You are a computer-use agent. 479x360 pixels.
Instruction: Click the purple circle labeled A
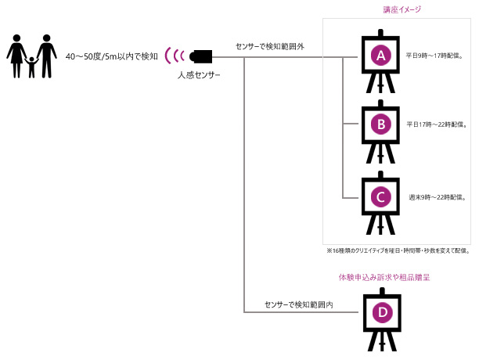[380, 56]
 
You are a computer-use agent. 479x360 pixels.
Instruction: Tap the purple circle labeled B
[380, 124]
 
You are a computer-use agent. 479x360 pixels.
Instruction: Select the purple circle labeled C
[380, 196]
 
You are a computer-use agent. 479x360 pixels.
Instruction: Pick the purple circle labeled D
[382, 312]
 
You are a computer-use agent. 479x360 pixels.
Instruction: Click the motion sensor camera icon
[202, 56]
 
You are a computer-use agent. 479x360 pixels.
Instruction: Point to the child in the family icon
[31, 67]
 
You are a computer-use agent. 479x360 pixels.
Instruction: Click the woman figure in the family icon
[16, 56]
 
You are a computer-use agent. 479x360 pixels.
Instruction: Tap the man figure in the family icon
[46, 55]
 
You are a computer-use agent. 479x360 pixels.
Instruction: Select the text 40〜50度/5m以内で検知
[111, 56]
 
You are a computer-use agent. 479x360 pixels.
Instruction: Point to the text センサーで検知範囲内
[299, 304]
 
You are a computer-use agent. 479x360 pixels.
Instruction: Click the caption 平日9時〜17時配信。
[438, 56]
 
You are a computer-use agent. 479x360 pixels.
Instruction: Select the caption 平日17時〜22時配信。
[438, 124]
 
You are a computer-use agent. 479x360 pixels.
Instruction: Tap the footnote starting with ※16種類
[397, 251]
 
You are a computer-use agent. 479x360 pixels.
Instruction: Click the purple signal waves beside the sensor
[178, 56]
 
